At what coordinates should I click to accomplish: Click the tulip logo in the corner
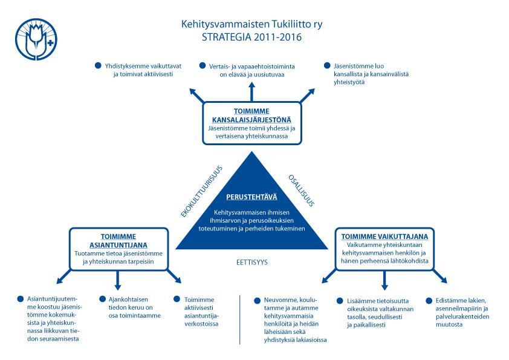[x=36, y=39]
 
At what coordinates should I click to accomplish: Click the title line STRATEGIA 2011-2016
[x=251, y=37]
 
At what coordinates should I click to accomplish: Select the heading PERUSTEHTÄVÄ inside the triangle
[x=251, y=197]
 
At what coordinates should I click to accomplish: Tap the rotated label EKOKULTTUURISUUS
[x=201, y=191]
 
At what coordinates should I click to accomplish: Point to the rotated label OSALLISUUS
[x=302, y=191]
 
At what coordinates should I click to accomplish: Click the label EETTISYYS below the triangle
[x=252, y=262]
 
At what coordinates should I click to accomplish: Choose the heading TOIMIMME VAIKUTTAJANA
[x=384, y=237]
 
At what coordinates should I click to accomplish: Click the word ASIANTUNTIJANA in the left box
[x=118, y=245]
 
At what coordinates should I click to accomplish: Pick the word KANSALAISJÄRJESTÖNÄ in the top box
[x=251, y=120]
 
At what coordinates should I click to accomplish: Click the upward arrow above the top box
[x=251, y=91]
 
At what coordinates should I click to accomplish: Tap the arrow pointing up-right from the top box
[x=307, y=95]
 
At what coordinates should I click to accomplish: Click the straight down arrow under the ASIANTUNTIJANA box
[x=118, y=280]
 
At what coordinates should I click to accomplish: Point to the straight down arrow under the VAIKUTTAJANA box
[x=384, y=280]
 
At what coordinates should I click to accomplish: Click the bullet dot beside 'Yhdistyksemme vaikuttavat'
[x=98, y=65]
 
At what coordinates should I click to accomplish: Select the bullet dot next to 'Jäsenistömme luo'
[x=327, y=65]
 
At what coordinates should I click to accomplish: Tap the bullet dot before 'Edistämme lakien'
[x=429, y=301]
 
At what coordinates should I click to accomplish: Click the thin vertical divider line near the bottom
[x=239, y=319]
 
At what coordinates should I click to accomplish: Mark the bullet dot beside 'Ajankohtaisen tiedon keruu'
[x=103, y=299]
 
